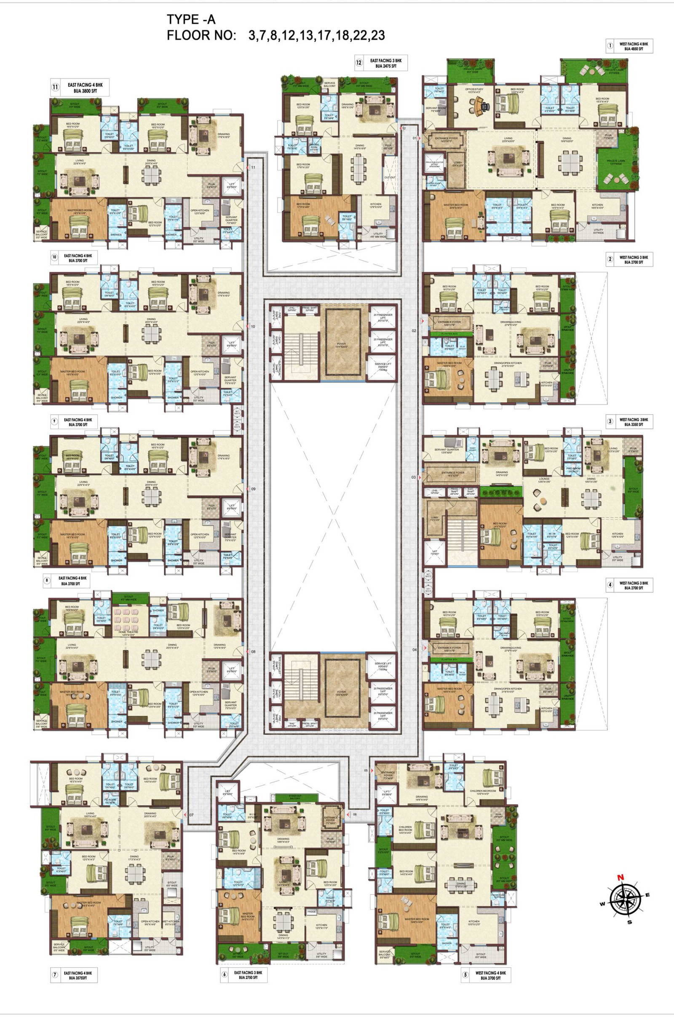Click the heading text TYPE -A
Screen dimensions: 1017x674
click(191, 20)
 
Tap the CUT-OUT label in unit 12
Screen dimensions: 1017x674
click(390, 177)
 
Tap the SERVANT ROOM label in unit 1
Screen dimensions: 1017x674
click(436, 109)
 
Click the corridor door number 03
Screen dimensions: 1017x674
click(414, 477)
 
